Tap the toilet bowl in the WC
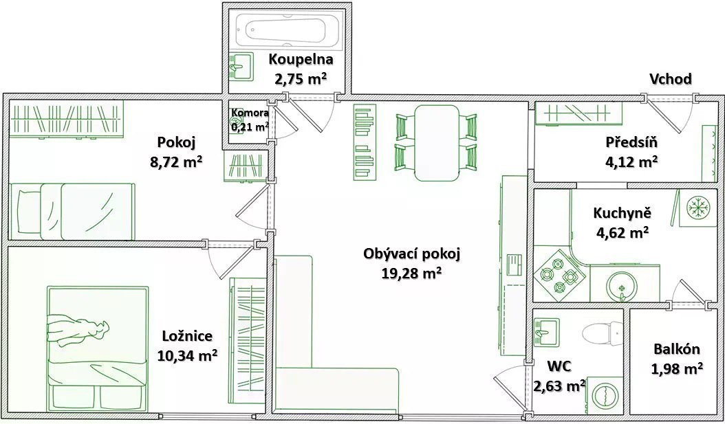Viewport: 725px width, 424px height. (600, 333)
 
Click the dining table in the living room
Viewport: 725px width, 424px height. (437, 143)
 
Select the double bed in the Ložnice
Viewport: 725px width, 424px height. (98, 348)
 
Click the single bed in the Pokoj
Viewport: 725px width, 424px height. (72, 211)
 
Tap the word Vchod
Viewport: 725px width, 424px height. (671, 79)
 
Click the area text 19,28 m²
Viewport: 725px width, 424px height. (411, 274)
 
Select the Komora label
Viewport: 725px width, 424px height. (250, 113)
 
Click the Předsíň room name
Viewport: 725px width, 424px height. (631, 142)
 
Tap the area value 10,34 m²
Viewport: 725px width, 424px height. (187, 355)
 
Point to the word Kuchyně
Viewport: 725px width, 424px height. (623, 214)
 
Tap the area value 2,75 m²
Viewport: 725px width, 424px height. (301, 79)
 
